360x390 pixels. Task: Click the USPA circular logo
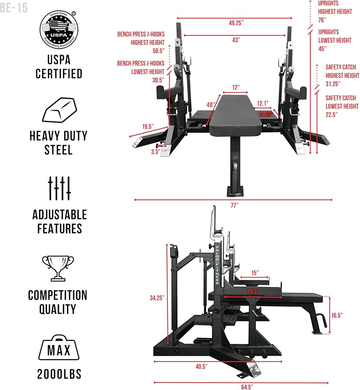59,30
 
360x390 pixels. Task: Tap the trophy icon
58,268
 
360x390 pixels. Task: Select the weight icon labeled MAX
59,347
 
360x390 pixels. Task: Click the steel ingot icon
60,110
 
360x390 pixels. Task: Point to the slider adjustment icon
59,188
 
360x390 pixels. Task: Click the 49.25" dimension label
236,23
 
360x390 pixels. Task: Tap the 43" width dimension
236,40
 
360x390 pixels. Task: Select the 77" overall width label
234,206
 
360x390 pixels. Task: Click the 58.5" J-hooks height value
159,51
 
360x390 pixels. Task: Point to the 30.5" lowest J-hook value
158,80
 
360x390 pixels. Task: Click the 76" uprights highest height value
322,20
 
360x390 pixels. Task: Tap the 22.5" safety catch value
332,115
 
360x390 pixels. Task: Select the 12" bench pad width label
236,87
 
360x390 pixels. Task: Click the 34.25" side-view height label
157,298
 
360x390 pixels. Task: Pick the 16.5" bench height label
337,316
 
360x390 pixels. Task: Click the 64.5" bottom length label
247,387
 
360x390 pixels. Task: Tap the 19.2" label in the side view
253,291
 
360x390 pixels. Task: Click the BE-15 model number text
14,8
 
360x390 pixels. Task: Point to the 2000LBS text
59,374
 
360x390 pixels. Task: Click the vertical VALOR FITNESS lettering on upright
217,265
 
